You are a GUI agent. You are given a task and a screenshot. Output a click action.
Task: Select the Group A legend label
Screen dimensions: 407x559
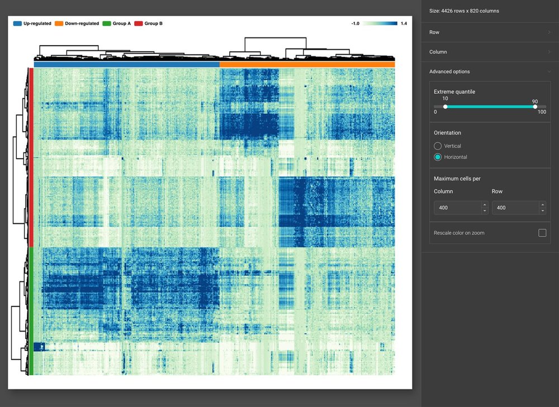coord(121,23)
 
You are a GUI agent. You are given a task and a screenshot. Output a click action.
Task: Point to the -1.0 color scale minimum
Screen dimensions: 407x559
coord(355,23)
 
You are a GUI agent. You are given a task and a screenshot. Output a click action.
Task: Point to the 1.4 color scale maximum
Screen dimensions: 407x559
coord(404,23)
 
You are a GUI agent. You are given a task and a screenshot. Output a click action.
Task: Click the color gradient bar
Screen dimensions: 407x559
coord(380,23)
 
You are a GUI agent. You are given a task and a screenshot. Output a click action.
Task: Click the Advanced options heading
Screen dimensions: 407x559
coord(449,71)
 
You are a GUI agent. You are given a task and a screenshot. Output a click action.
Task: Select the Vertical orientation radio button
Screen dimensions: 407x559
coord(438,146)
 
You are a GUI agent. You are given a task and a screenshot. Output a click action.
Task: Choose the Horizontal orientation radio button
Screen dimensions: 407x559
coord(438,157)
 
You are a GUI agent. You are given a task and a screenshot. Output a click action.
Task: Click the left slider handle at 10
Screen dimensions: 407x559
coord(445,107)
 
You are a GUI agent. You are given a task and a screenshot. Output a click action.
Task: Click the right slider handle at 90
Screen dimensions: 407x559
coord(535,107)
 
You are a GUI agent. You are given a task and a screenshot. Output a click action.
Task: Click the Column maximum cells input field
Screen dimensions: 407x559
coord(457,208)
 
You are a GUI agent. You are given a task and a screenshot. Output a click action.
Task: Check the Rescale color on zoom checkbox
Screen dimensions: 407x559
coord(542,233)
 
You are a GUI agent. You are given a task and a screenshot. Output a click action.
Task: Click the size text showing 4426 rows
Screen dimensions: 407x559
coord(464,11)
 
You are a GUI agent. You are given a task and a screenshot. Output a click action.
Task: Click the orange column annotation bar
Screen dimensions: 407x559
coord(307,64)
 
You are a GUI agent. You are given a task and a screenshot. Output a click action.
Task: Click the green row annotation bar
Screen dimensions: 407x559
coord(31,310)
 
